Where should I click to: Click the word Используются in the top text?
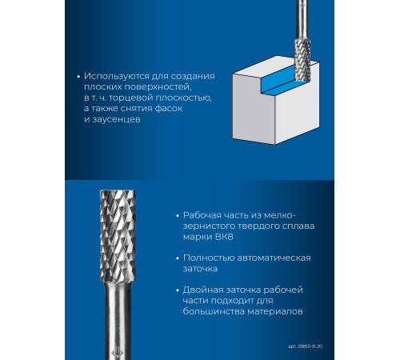pyautogui.click(x=117, y=76)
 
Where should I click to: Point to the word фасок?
pyautogui.click(x=169, y=108)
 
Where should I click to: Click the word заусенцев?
pyautogui.click(x=116, y=119)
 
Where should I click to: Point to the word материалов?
pyautogui.click(x=275, y=311)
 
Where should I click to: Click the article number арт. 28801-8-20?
pyautogui.click(x=305, y=346)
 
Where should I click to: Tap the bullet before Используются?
pyautogui.click(x=78, y=77)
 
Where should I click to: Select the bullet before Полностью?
pyautogui.click(x=178, y=258)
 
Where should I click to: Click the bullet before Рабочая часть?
pyautogui.click(x=178, y=216)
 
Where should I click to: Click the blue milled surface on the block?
pyautogui.click(x=278, y=82)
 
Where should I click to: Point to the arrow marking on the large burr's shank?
pyautogui.click(x=118, y=352)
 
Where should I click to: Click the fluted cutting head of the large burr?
pyautogui.click(x=118, y=236)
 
